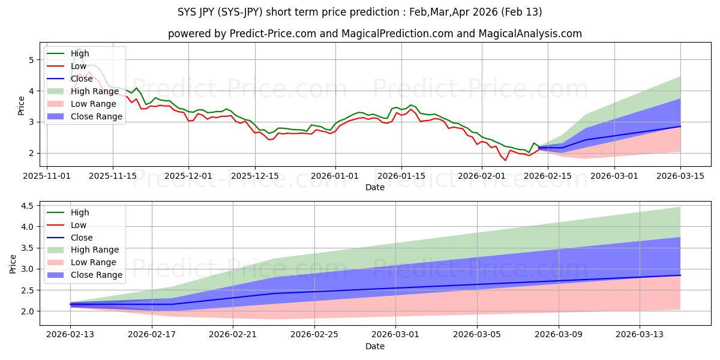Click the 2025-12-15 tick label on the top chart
[x=255, y=176]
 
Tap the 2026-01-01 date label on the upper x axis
[x=335, y=176]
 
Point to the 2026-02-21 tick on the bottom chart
[x=233, y=335]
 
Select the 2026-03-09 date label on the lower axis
[x=559, y=335]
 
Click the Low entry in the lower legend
[x=79, y=225]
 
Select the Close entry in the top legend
[x=82, y=79]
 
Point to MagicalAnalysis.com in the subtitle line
[x=530, y=34]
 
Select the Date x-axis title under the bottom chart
[x=375, y=346]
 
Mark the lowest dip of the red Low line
[x=505, y=160]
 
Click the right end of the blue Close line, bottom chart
[x=680, y=275]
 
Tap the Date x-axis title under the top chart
[x=375, y=187]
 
